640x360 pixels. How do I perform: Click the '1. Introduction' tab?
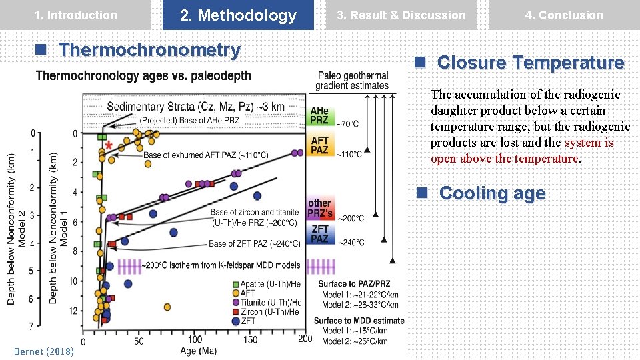pos(75,15)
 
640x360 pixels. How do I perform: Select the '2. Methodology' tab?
pos(238,15)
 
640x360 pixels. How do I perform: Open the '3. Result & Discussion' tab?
pos(401,15)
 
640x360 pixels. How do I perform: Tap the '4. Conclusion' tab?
pos(564,15)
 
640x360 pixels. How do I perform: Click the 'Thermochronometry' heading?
pos(149,50)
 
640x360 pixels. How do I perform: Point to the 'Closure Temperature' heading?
pos(530,63)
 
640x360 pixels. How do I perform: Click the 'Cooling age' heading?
pos(492,193)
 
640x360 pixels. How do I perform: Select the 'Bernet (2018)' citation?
pos(44,351)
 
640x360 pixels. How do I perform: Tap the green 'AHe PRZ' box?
pos(320,115)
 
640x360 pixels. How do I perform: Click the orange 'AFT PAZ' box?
pos(320,145)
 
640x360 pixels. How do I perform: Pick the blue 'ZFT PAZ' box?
pos(320,234)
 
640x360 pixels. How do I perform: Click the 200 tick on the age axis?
pos(305,339)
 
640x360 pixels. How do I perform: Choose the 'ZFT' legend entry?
pos(247,321)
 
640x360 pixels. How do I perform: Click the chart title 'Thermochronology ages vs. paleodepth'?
pos(143,76)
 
